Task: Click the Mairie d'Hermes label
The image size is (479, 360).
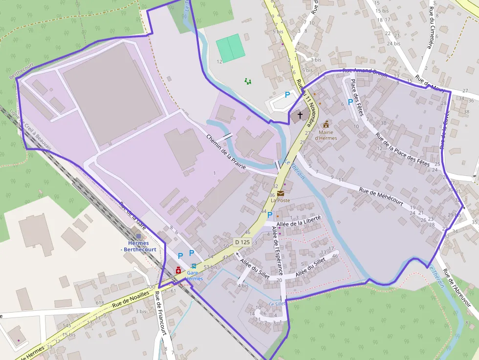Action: coord(326,135)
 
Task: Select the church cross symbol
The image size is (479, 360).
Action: coord(300,114)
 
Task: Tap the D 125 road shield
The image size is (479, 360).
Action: coord(242,242)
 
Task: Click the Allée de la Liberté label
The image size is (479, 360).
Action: coord(299,221)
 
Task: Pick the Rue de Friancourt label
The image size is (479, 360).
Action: coord(161,313)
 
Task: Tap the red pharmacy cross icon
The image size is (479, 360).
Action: coord(178,270)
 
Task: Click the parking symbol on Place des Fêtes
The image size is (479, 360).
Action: coord(350,102)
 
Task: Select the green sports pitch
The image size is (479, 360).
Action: coord(230,48)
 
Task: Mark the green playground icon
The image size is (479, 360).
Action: coord(248,81)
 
